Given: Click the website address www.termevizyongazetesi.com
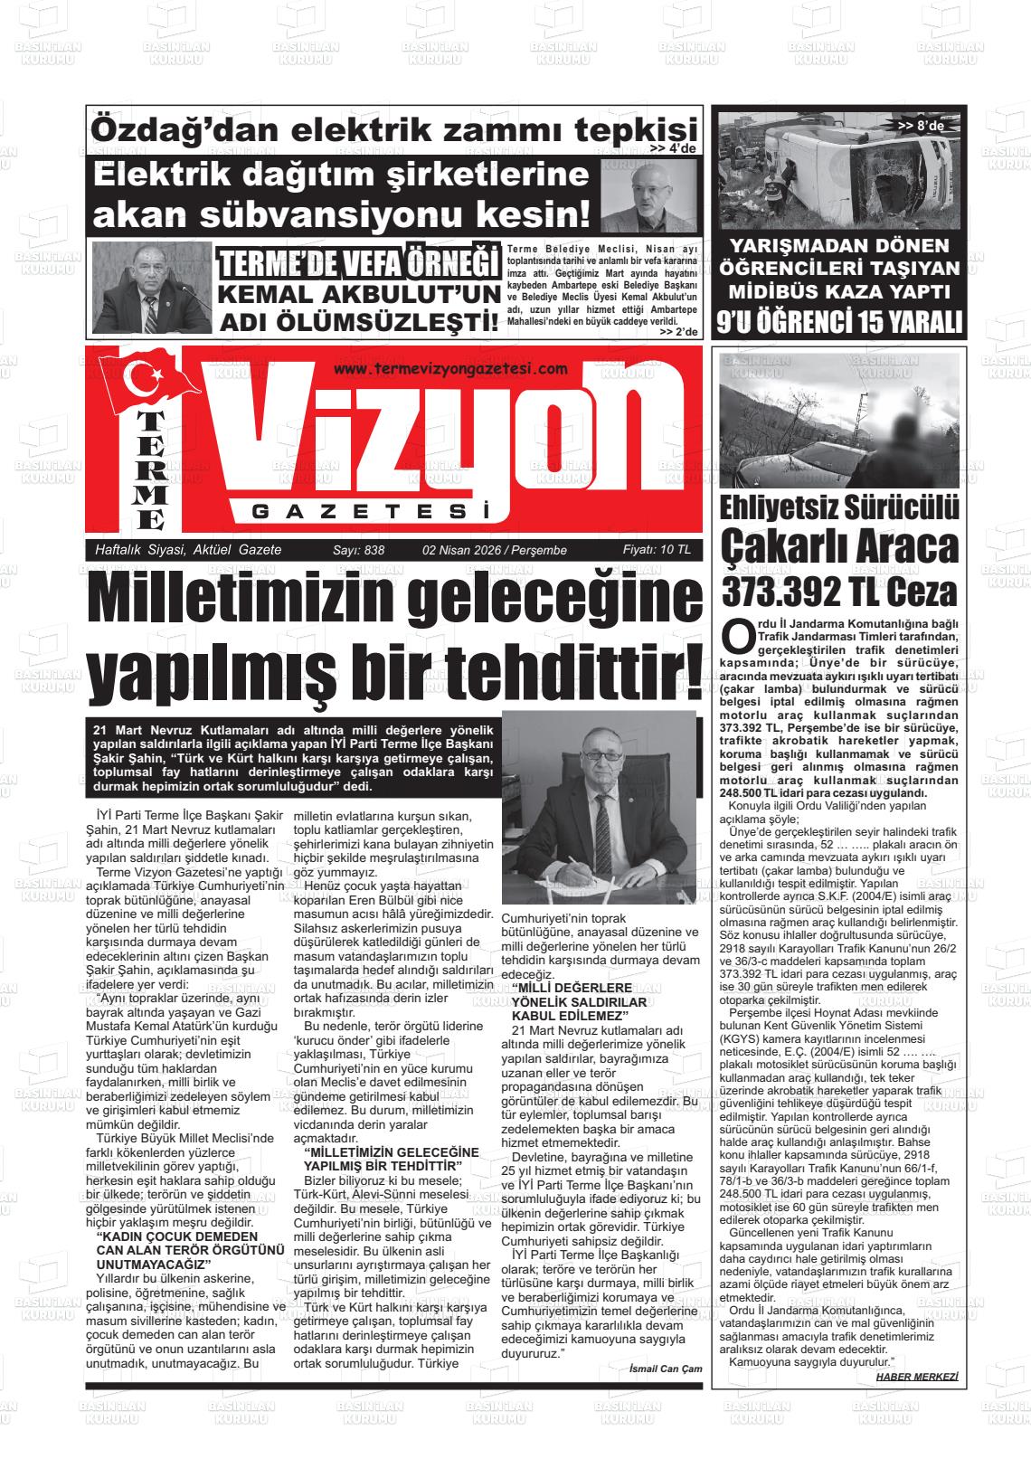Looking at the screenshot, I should pos(449,368).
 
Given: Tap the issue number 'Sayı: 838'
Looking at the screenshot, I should pos(359,550).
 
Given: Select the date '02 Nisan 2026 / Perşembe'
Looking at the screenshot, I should pos(494,550).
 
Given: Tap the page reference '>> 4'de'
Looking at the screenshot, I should pos(672,149).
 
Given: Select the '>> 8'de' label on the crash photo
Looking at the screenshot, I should pos(921,126).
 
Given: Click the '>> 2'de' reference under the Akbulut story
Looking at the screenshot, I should pos(679,332).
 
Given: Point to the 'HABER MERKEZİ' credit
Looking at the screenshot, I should pos(916,1377).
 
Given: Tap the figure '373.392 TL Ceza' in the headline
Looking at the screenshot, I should pos(838,592).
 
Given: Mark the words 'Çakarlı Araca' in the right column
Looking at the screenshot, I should pos(838,546).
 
